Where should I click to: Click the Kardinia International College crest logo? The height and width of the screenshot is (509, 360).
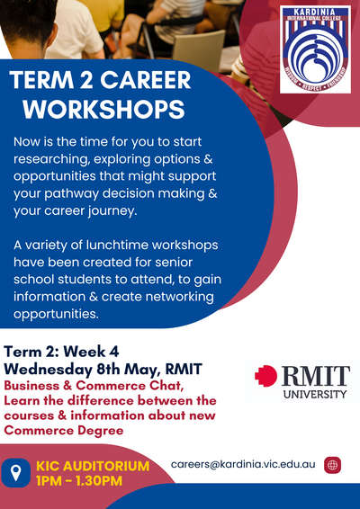[315, 49]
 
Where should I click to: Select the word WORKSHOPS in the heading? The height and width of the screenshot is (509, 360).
[103, 109]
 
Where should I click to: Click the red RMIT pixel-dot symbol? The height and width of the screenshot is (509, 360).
[265, 376]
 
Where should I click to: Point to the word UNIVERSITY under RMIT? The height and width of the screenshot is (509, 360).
[315, 394]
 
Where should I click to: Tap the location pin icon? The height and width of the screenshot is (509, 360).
[16, 473]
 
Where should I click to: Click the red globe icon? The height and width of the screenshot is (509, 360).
[332, 465]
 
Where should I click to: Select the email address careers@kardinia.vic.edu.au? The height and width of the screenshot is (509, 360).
[243, 464]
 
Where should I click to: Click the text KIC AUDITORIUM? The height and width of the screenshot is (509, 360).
[93, 466]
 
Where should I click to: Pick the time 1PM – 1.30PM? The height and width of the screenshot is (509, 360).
[79, 481]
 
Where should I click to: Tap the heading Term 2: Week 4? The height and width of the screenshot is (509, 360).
[61, 352]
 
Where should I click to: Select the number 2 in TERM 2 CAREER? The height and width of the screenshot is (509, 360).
[86, 80]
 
